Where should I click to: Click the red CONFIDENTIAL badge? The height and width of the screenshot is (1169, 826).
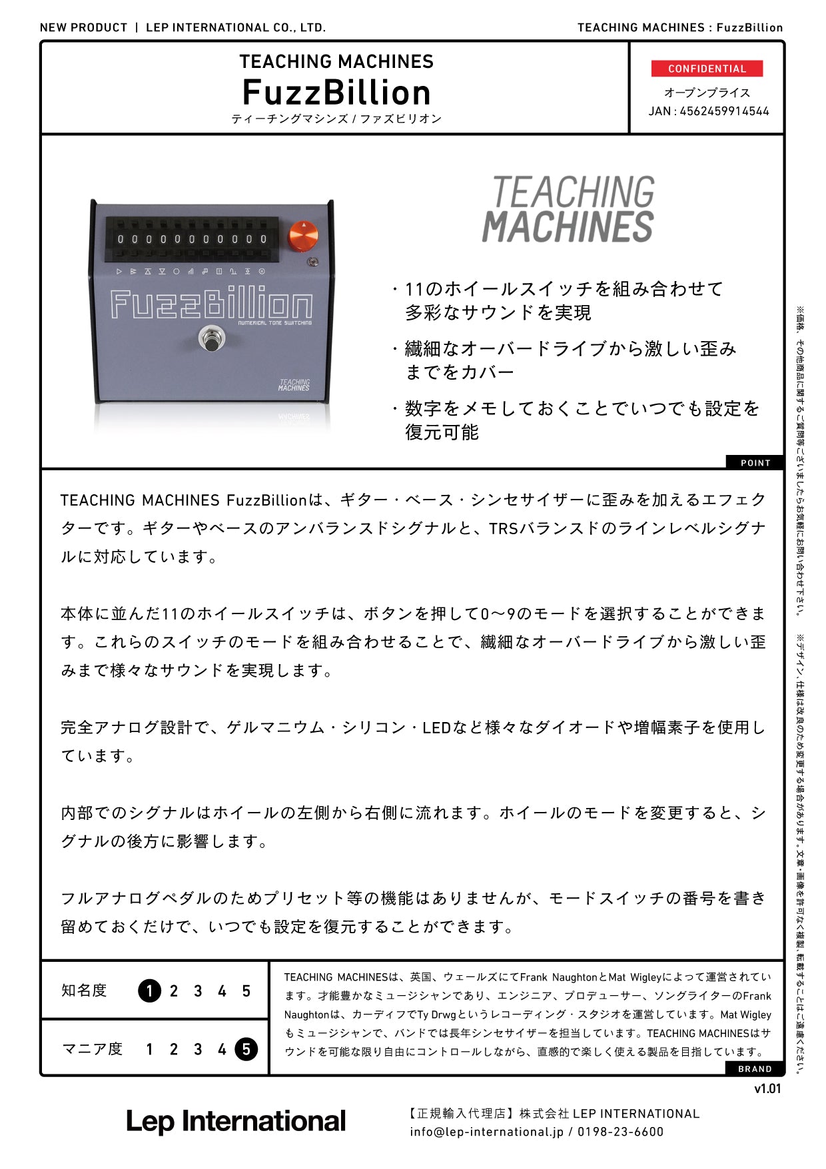pyautogui.click(x=707, y=69)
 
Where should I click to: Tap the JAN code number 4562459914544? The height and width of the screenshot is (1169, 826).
pyautogui.click(x=724, y=111)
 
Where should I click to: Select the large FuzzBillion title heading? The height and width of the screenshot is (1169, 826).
pyautogui.click(x=336, y=92)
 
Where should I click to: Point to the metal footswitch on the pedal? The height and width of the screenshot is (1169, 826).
pyautogui.click(x=212, y=338)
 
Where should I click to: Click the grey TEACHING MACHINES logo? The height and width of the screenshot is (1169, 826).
pyautogui.click(x=568, y=209)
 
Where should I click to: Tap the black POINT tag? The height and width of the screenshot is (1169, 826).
pyautogui.click(x=755, y=463)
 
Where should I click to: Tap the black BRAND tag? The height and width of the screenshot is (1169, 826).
pyautogui.click(x=755, y=1068)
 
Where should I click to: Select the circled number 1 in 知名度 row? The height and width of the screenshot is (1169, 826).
pyautogui.click(x=149, y=991)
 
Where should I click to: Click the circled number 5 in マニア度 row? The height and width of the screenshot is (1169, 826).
pyautogui.click(x=246, y=1050)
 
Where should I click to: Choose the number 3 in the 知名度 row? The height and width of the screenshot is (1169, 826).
pyautogui.click(x=198, y=991)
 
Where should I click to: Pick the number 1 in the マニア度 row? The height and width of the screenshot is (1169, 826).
pyautogui.click(x=149, y=1050)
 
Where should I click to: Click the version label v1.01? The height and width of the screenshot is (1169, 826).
pyautogui.click(x=767, y=1089)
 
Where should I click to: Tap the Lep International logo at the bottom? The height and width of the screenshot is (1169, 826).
pyautogui.click(x=236, y=1122)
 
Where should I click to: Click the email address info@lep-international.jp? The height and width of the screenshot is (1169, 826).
pyautogui.click(x=486, y=1132)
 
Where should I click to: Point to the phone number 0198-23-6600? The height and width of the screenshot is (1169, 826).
pyautogui.click(x=620, y=1132)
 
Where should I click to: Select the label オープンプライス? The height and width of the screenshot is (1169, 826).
pyautogui.click(x=707, y=93)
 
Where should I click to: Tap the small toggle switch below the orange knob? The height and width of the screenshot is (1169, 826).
pyautogui.click(x=312, y=262)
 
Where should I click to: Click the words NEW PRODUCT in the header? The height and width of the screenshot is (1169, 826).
pyautogui.click(x=83, y=27)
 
